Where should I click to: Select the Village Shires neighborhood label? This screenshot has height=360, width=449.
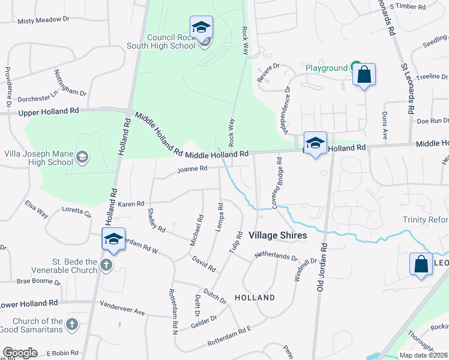click(x=278, y=235)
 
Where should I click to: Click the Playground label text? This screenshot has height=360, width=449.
click(x=327, y=68)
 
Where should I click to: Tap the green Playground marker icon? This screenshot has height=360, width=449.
click(x=356, y=67)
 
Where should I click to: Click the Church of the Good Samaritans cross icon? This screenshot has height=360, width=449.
click(x=71, y=325)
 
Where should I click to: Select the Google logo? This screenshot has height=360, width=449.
click(x=20, y=353)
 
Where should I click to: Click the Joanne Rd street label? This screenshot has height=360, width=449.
click(x=192, y=169)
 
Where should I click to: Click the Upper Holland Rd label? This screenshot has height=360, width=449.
click(x=49, y=112)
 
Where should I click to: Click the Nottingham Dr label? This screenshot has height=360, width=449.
click(x=70, y=83)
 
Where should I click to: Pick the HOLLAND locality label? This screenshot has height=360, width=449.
click(x=255, y=297)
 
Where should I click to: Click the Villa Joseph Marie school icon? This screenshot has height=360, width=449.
click(x=82, y=158)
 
